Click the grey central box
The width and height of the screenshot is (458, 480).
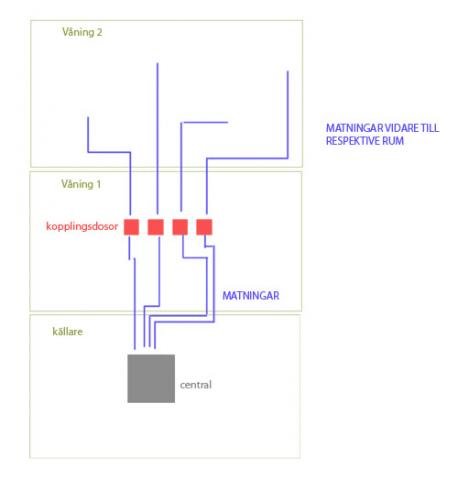coord(151,378)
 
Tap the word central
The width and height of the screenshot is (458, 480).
coord(196,385)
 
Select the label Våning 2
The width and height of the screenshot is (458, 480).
coord(82,32)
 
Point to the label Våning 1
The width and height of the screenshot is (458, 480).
coord(81,184)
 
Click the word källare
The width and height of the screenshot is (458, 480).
coord(68,332)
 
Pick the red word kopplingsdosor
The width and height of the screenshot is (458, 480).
coord(82,226)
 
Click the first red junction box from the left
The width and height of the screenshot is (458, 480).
coord(131,227)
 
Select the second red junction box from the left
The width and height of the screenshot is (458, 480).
coord(156,227)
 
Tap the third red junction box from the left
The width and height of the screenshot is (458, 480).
coord(180,227)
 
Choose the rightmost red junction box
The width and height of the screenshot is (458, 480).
coord(204,227)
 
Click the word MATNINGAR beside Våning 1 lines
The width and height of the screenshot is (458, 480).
coord(251,296)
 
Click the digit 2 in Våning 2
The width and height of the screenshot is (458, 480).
coord(99,32)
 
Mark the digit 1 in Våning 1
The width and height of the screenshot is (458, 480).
coord(99,184)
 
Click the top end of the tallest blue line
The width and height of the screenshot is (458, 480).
coord(157,63)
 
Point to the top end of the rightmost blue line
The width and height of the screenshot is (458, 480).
coord(288,71)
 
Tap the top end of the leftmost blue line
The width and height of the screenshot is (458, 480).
coord(88,117)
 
